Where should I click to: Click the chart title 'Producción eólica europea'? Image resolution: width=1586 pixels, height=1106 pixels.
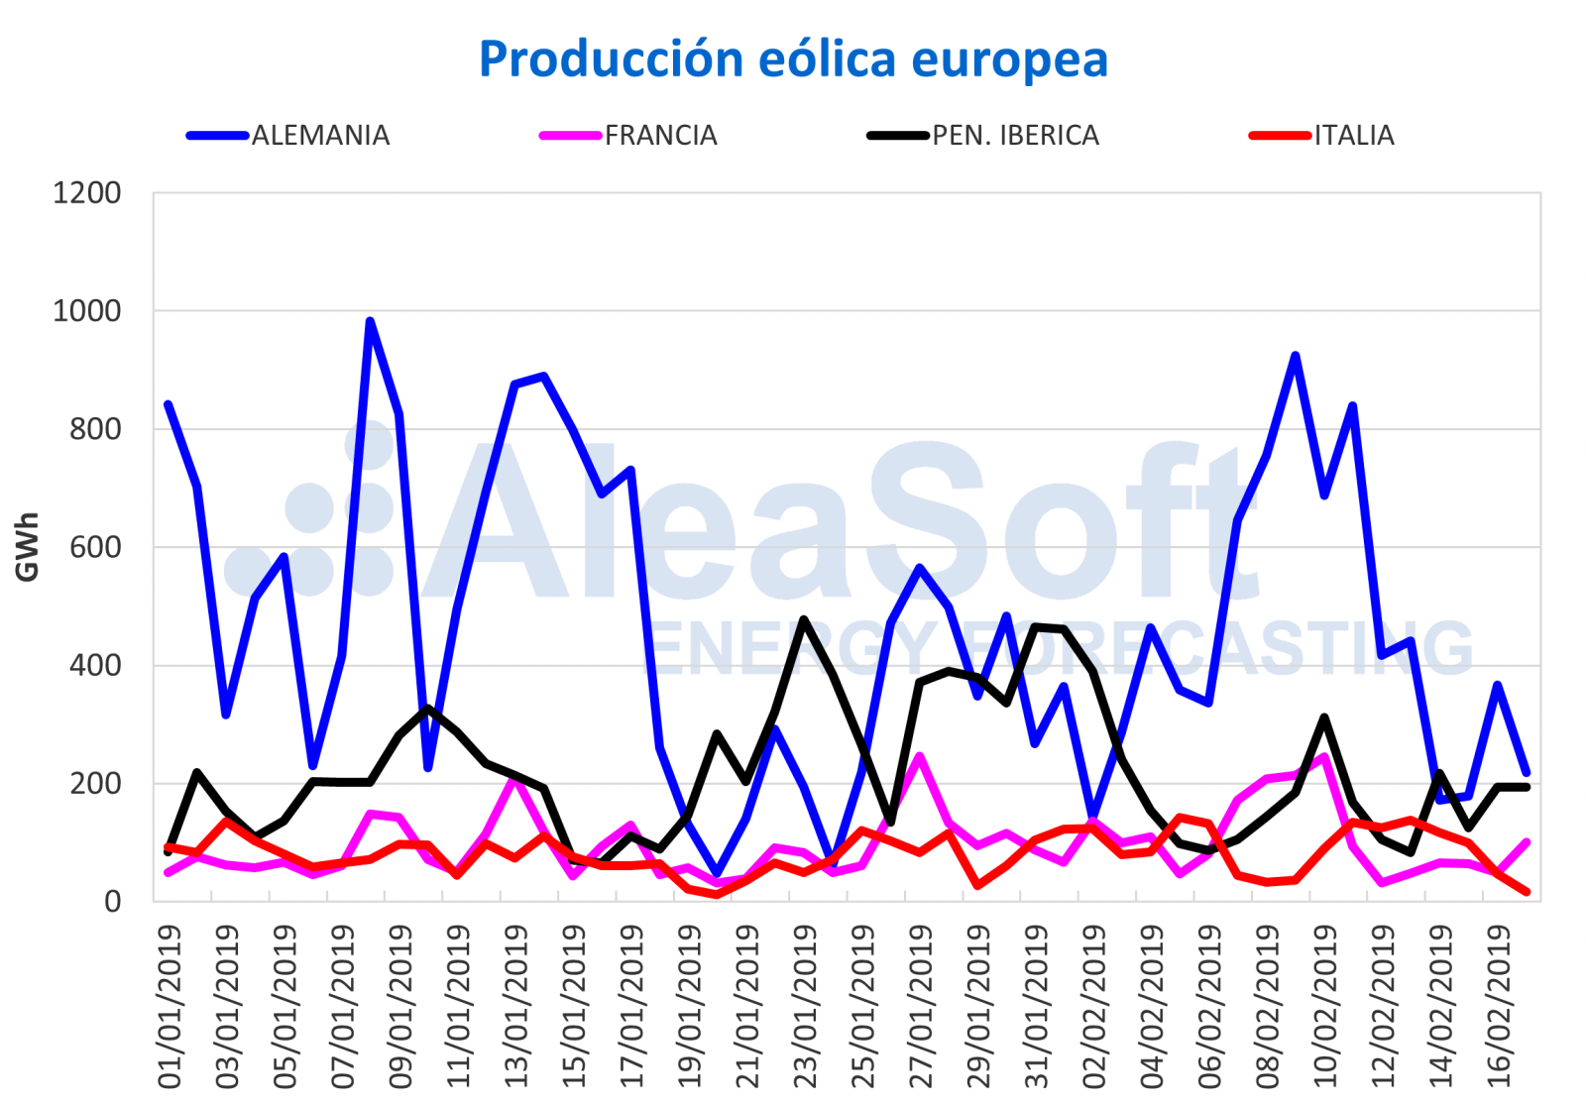[x=793, y=59]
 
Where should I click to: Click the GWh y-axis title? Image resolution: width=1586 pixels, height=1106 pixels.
[x=28, y=546]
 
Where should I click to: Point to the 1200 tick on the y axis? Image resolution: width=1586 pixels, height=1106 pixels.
[x=87, y=193]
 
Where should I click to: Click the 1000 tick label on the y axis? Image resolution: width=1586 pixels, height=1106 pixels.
[x=87, y=311]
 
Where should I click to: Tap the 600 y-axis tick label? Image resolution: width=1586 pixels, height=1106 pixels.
[x=96, y=547]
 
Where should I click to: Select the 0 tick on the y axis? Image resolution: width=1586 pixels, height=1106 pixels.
[x=112, y=902]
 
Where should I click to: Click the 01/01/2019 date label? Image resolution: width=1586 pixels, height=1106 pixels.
[x=170, y=1006]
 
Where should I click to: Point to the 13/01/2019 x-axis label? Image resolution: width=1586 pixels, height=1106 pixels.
[x=516, y=1006]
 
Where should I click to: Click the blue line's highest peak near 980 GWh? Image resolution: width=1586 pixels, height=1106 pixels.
[x=370, y=321]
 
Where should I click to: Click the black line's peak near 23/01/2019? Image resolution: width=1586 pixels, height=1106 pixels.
[x=804, y=619]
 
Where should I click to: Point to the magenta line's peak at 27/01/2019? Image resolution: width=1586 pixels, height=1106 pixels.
[x=920, y=756]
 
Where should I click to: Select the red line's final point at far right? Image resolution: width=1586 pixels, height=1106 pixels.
[x=1527, y=892]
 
